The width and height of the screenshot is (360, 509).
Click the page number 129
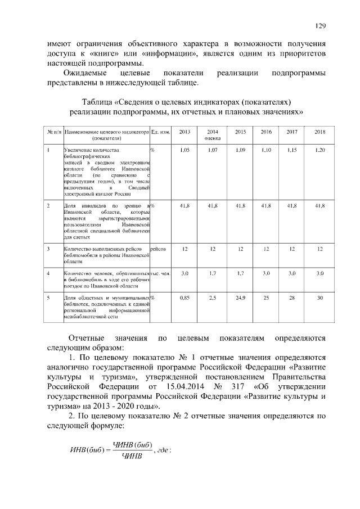coord(320,25)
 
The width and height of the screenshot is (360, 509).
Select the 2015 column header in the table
coord(240,132)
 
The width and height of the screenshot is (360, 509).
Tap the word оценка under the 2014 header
coord(213,138)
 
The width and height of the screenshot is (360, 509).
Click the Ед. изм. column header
coord(161,132)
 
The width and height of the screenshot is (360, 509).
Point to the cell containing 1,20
coord(319,151)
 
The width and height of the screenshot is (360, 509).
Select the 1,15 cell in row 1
coord(292,151)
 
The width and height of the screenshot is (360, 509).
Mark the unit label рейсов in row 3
coord(158,249)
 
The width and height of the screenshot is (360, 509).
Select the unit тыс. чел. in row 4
coord(161,273)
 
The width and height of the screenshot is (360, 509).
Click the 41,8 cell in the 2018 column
coord(319,206)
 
